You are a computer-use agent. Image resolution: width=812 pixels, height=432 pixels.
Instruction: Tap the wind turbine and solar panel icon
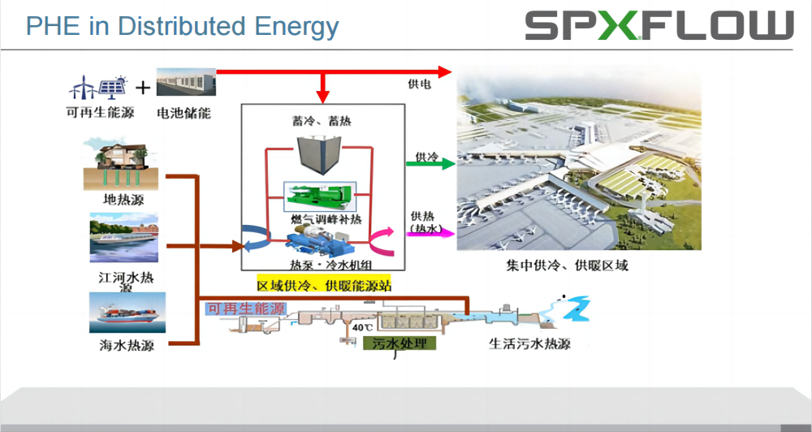pos(98,88)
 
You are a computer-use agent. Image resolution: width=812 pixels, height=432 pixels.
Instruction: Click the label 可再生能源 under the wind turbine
pos(100,112)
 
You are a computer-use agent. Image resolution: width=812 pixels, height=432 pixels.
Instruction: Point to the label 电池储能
pos(184,112)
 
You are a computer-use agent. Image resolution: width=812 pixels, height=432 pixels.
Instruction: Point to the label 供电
pos(419,84)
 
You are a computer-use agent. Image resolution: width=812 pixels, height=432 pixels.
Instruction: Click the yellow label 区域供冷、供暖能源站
pos(324,285)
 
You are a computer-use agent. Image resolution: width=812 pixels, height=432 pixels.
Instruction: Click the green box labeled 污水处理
pos(400,343)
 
